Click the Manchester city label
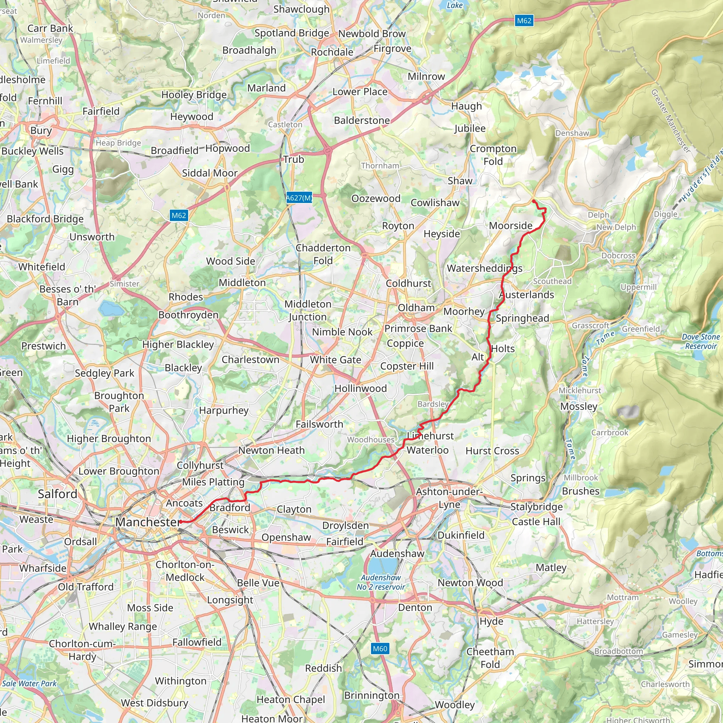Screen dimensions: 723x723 point(148,522)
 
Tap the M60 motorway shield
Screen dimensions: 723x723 point(380,649)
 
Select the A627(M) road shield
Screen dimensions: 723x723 point(299,198)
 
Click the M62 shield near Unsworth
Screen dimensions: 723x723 point(179,215)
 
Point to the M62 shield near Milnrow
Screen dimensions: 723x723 point(524,20)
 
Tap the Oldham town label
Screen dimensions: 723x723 point(416,307)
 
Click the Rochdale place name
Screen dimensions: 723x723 point(332,52)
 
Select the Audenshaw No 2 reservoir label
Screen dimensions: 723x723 point(381,582)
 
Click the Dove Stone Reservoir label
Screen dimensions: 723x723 point(700,341)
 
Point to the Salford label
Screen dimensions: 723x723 point(57,494)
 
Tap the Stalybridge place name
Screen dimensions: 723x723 point(536,507)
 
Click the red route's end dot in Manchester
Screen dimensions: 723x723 point(180,522)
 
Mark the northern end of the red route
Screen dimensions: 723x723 point(533,201)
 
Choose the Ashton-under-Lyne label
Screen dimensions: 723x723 point(449,498)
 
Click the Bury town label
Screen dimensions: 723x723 point(41,130)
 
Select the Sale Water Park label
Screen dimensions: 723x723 point(29,683)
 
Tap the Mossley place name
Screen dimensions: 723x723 point(579,406)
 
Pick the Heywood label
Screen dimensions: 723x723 point(192,117)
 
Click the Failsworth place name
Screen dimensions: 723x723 point(319,424)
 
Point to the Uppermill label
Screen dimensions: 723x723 point(638,287)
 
